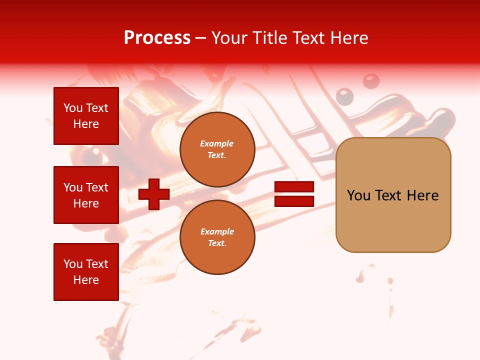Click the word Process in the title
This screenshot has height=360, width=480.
pyautogui.click(x=157, y=38)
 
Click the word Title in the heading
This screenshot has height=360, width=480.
pyautogui.click(x=268, y=38)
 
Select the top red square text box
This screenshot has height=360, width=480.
pyautogui.click(x=86, y=116)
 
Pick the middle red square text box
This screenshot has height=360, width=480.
pyautogui.click(x=86, y=195)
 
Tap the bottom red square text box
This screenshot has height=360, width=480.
pyautogui.click(x=86, y=272)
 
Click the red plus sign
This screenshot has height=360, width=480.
pyautogui.click(x=154, y=194)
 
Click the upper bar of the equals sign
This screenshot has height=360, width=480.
pyautogui.click(x=294, y=187)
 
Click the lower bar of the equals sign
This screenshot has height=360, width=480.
pyautogui.click(x=294, y=201)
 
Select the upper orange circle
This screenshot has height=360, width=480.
pyautogui.click(x=217, y=149)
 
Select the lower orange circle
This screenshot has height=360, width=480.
pyautogui.click(x=217, y=237)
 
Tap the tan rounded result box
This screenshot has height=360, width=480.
pyautogui.click(x=393, y=195)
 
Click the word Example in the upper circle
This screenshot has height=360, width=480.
pyautogui.click(x=216, y=143)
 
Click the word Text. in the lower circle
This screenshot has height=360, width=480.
pyautogui.click(x=217, y=243)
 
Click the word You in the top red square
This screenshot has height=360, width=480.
pyautogui.click(x=73, y=108)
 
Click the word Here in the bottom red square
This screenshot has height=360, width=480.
pyautogui.click(x=86, y=280)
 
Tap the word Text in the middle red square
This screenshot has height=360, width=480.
pyautogui.click(x=97, y=187)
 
